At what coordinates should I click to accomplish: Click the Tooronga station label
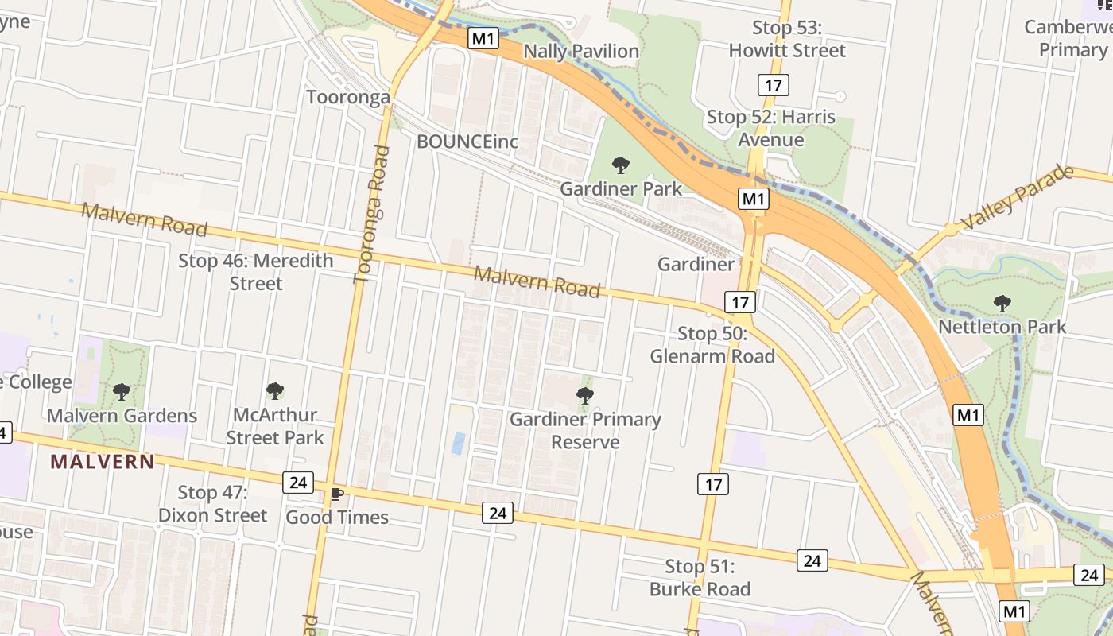click(348, 97)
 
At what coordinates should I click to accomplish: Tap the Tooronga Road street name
click(372, 213)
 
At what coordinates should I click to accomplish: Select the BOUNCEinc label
click(467, 142)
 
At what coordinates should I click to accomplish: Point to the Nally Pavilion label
click(582, 52)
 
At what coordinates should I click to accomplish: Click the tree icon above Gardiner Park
click(621, 165)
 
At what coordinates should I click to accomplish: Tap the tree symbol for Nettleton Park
click(1002, 303)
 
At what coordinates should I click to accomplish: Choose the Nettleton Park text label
click(1002, 327)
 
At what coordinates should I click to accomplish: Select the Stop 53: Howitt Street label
click(787, 39)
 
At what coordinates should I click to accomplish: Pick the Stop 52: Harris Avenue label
click(770, 128)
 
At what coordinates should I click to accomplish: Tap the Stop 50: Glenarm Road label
click(712, 344)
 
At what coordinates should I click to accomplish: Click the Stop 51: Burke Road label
click(700, 578)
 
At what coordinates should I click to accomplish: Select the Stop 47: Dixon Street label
click(212, 504)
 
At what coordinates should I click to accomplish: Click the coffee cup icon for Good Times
click(336, 494)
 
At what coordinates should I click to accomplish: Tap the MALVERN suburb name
click(103, 461)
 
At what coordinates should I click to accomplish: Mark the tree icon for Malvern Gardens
click(122, 392)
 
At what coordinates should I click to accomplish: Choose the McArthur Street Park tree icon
click(275, 391)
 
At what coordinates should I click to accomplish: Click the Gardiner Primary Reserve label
click(585, 430)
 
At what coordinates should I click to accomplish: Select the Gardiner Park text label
click(621, 188)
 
